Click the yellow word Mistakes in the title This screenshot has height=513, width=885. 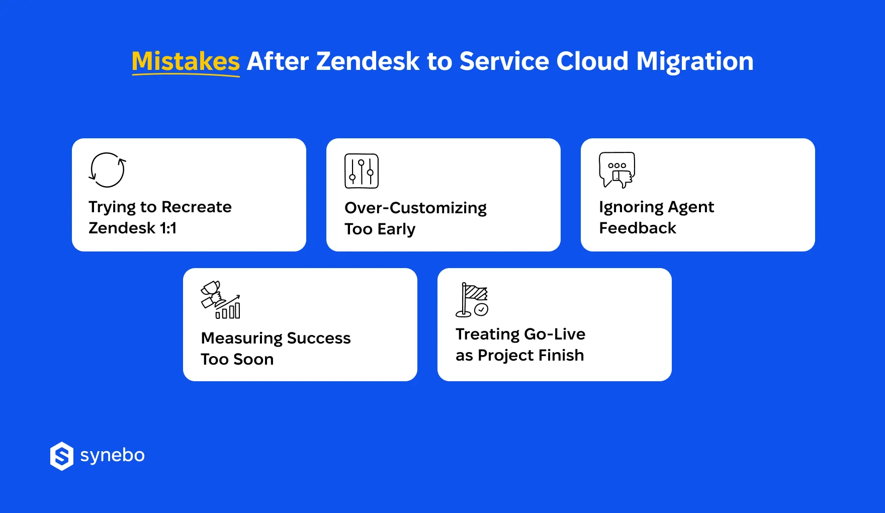(x=186, y=61)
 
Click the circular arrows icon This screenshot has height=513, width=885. (x=107, y=170)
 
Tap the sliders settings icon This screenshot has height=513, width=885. (x=361, y=171)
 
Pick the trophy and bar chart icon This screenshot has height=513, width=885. (x=220, y=300)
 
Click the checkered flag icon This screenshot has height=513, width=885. (x=472, y=300)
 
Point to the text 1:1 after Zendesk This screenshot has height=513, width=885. (x=168, y=228)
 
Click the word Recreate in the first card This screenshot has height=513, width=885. (x=196, y=207)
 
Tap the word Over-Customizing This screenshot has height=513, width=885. (x=415, y=208)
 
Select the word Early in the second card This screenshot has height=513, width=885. (x=396, y=229)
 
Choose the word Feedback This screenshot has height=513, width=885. (x=637, y=228)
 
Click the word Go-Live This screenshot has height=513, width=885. (x=554, y=334)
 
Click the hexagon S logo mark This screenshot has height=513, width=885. (x=62, y=456)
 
